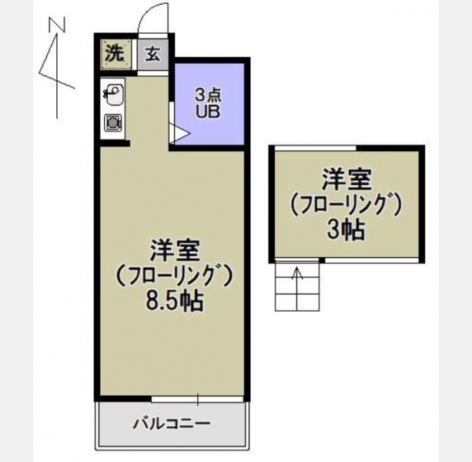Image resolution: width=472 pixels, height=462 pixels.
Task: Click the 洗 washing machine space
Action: click(115, 55)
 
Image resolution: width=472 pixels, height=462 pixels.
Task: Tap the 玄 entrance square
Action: click(153, 55)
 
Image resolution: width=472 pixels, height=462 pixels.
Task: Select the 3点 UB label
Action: click(208, 104)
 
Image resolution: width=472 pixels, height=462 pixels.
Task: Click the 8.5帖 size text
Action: click(174, 300)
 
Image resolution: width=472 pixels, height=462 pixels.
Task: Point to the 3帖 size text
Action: click(346, 229)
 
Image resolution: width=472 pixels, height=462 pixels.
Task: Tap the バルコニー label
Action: click(172, 423)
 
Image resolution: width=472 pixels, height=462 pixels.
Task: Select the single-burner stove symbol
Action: click(113, 122)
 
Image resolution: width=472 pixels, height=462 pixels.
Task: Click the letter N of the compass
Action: click(57, 25)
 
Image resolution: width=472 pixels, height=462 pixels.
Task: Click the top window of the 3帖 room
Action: click(316, 148)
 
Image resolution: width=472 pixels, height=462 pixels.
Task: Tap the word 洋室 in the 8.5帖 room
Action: click(176, 251)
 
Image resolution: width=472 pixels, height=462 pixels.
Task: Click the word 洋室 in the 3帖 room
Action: click(346, 179)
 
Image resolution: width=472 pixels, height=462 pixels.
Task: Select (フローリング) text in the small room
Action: click(346, 206)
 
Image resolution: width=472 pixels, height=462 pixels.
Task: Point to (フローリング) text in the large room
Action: click(174, 276)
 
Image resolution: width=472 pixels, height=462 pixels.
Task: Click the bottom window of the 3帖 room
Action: click(372, 260)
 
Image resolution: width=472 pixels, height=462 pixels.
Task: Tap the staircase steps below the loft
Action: click(297, 286)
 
